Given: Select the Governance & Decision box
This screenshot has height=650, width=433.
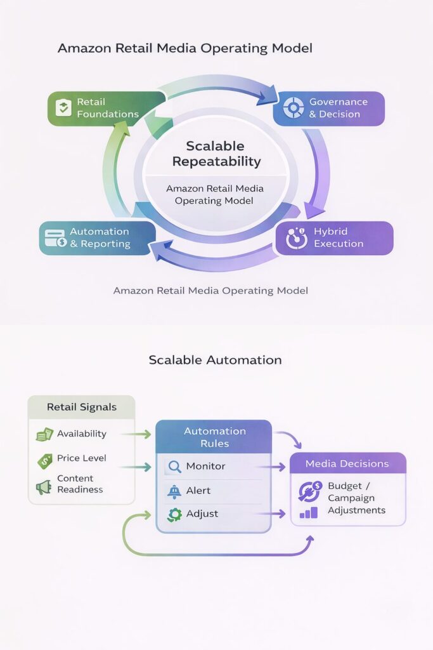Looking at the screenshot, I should point(328,108).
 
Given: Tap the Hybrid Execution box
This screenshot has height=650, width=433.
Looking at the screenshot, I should point(334,237).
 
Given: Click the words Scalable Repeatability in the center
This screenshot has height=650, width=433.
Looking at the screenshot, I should point(216,154).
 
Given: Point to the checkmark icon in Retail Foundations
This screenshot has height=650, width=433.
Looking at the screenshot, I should point(63,108).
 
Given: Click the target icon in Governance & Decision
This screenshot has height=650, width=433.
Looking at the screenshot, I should point(294,108).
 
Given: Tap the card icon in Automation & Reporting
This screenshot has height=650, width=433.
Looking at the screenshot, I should point(56,238).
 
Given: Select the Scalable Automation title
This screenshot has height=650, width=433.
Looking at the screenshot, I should point(215,360).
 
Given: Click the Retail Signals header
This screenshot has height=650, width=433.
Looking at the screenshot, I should point(82,407).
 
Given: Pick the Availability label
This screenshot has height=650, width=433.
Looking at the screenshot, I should point(82,434).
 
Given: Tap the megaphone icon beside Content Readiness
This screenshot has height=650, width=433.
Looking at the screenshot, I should point(44,487).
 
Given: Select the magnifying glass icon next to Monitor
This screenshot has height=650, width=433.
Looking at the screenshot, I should point(173,467).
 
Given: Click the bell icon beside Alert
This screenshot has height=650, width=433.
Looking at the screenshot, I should point(173,491).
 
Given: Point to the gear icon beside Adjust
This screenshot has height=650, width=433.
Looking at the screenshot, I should point(173,514).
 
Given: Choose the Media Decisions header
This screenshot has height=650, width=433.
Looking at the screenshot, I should point(347,463).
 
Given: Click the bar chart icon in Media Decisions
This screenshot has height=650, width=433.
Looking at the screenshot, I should point(309,512).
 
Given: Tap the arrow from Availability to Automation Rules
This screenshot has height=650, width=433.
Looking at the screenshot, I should point(136,434).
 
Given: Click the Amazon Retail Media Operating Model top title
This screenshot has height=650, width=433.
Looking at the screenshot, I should point(185,48).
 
